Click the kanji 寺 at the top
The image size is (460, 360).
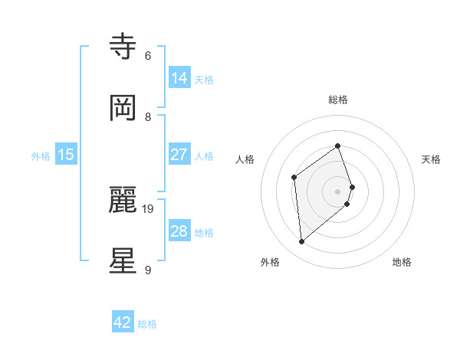pos(123,47)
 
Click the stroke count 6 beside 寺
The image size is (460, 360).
pos(148,56)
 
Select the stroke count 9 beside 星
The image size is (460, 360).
pos(148,270)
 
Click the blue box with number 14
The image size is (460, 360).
pos(179,78)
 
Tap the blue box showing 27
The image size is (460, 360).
pos(179,155)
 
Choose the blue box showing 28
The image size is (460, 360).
pos(179,231)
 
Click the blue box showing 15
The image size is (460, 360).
pos(66,155)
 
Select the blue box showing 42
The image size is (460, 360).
pos(123,322)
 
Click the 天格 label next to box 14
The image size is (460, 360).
pos(204,80)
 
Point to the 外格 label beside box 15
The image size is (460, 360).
pos(41,156)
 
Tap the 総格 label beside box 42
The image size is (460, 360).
pos(147,324)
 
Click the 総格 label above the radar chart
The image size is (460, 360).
pos(338,100)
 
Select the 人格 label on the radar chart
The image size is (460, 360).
pos(245,159)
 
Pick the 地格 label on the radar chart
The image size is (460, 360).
pos(402,262)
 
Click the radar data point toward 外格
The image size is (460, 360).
pos(302,242)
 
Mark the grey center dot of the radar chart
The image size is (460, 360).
pos(338,191)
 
